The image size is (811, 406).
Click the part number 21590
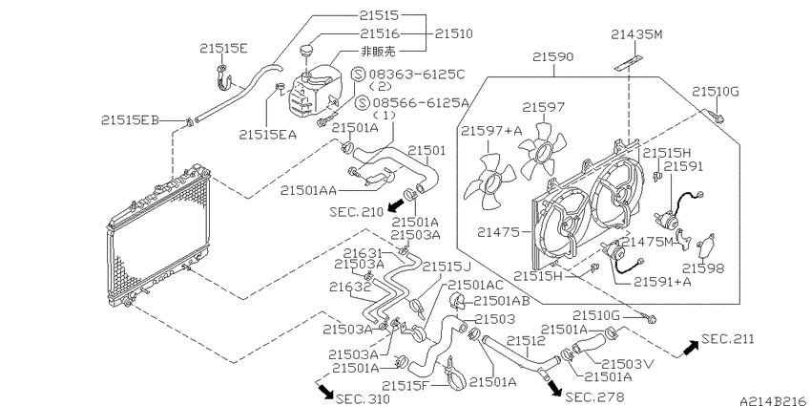click(553, 56)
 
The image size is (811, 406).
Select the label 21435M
click(636, 34)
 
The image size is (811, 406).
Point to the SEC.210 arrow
click(396, 206)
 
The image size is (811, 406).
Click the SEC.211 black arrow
click(690, 348)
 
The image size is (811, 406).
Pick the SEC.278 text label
click(595, 396)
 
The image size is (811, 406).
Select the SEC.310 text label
click(363, 398)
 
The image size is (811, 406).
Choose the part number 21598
click(703, 267)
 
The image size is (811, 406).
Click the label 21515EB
click(130, 120)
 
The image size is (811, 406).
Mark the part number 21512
click(526, 340)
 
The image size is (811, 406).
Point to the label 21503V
click(628, 364)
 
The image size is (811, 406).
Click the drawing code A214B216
click(775, 400)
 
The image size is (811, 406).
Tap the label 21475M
click(649, 242)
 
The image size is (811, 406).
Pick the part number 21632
click(350, 286)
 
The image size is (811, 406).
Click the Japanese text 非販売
click(378, 51)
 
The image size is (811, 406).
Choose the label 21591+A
click(662, 281)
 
